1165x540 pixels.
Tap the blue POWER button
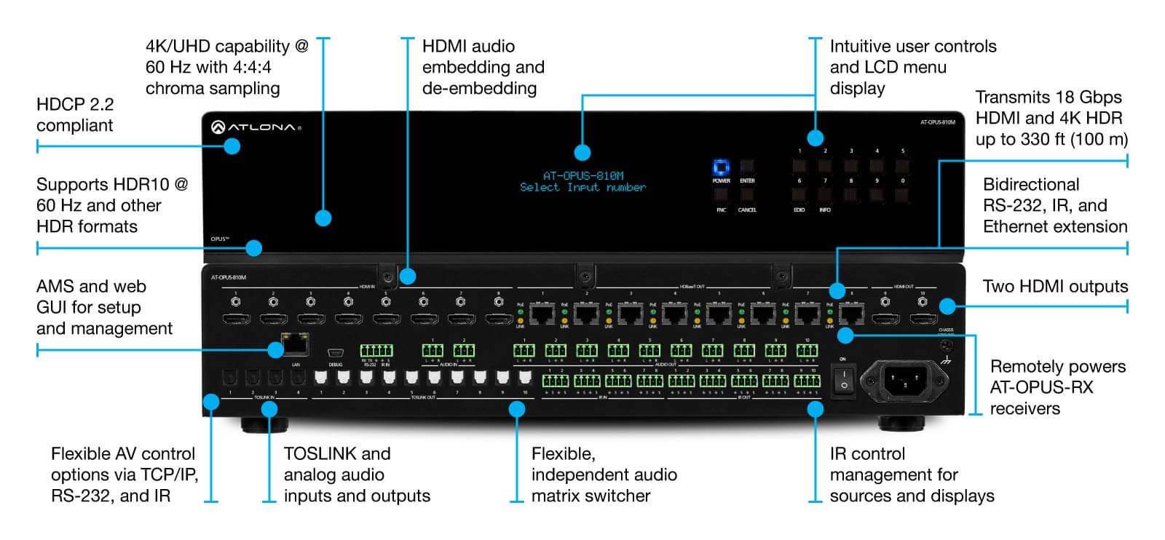click(x=721, y=167)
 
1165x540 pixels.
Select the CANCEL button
click(x=747, y=196)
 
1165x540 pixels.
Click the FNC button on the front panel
click(x=721, y=196)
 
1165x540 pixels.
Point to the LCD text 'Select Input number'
click(x=582, y=188)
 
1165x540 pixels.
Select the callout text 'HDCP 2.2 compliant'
click(x=75, y=115)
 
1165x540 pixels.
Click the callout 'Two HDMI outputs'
click(x=1055, y=287)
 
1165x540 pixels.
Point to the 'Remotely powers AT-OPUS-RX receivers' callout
click(x=1057, y=387)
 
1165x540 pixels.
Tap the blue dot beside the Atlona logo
click(x=232, y=146)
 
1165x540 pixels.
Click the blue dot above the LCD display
click(x=582, y=152)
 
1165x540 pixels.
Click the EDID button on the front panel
click(x=799, y=196)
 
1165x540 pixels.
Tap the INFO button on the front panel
click(x=825, y=196)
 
